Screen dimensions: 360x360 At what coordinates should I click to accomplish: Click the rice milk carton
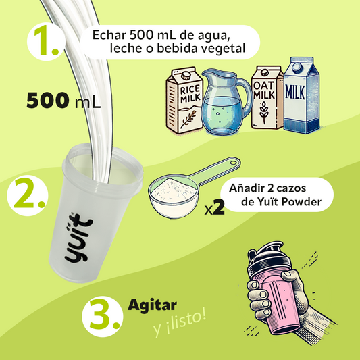coord(184,100)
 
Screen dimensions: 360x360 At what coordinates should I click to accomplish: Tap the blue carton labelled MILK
coord(301,95)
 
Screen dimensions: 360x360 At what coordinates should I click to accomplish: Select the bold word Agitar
coord(152,305)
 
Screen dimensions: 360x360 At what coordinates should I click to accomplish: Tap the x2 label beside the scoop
coord(214,207)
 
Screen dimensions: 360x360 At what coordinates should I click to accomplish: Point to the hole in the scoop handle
coord(234,163)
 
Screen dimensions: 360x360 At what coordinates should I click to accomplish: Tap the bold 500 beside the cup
coord(48,100)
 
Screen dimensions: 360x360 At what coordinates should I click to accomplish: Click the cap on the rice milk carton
coord(186,75)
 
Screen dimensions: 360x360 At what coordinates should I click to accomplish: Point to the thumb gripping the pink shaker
coord(291,275)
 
